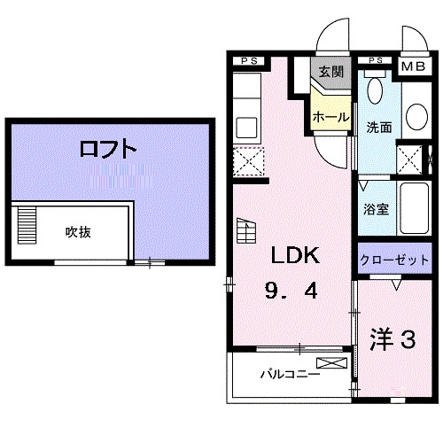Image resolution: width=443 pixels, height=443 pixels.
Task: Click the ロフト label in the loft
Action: click(108, 149)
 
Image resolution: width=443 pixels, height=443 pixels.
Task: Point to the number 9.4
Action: click(289, 289)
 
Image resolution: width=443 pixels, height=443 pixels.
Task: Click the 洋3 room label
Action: click(392, 338)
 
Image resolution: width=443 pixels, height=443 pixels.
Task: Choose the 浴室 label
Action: click(376, 210)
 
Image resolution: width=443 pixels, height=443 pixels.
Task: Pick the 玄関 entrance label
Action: click(331, 71)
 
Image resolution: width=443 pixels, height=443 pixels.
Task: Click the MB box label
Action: click(414, 66)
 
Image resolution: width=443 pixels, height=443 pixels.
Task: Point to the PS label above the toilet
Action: click(375, 60)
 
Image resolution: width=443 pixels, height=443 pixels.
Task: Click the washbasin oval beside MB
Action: click(416, 115)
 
